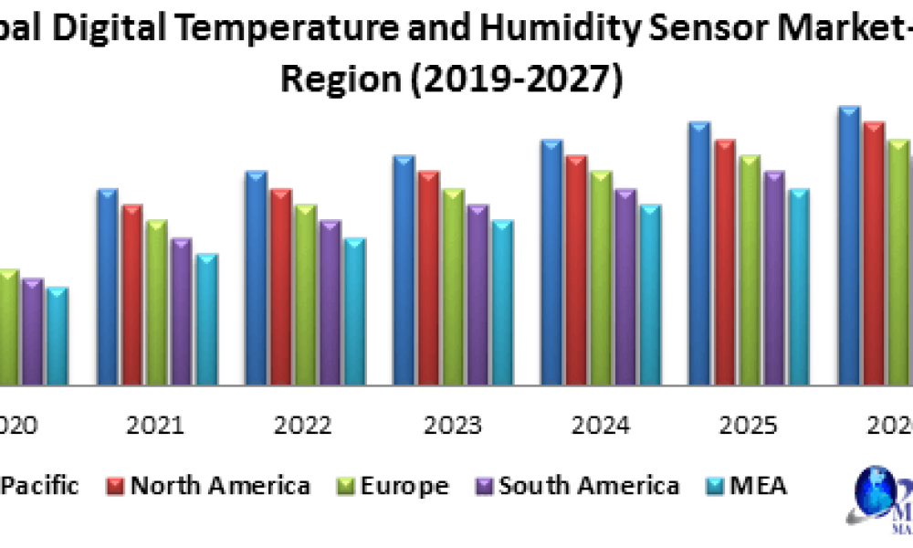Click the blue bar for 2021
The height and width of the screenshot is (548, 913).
(x=108, y=288)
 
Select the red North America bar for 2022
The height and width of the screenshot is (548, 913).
(x=280, y=288)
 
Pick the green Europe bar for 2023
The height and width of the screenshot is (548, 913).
(x=453, y=288)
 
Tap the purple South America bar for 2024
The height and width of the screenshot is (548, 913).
(x=625, y=288)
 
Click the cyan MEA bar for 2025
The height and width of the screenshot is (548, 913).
(x=798, y=288)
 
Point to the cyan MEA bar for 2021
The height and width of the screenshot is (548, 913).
(x=206, y=320)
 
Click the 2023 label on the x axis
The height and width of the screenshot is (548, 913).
(x=454, y=426)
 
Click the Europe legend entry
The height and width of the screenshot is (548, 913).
(x=402, y=485)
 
